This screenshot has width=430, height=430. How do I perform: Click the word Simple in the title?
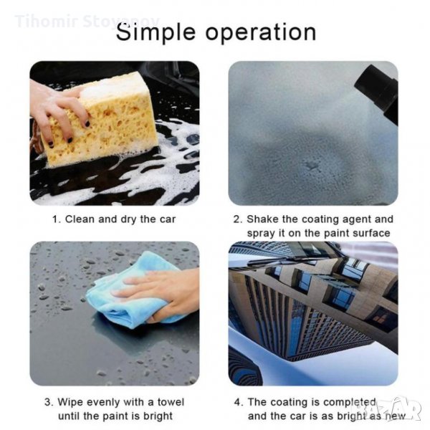pos(156,33)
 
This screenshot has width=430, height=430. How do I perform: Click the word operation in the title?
pos(261,33)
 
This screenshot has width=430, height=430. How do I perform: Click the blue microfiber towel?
pos(132,293)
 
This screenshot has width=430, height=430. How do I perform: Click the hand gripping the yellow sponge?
pos(59,113)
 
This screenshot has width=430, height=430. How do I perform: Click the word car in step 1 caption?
pos(167,220)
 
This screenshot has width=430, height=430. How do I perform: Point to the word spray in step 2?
pos(262,234)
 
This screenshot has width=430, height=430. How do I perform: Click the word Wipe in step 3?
pos(70,402)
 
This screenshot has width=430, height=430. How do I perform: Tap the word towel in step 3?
pos(171,402)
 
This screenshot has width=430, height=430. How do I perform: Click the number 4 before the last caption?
pos(238,403)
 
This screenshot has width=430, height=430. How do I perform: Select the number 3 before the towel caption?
pos(48,403)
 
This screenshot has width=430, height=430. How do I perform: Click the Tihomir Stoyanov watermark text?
pos(87,21)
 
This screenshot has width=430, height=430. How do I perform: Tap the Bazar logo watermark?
pos(399,408)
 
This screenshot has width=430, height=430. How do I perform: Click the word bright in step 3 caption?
pos(157,416)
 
